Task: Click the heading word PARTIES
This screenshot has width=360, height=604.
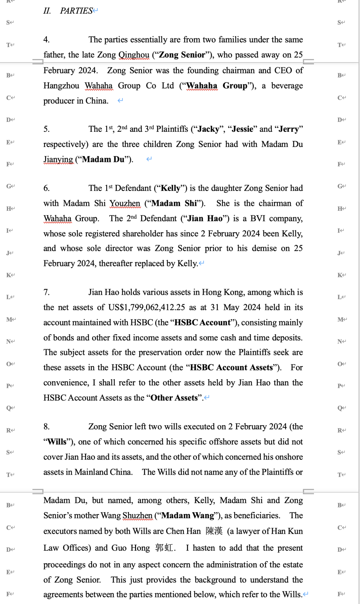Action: pyautogui.click(x=76, y=11)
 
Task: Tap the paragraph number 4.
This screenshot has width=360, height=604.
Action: pyautogui.click(x=46, y=40)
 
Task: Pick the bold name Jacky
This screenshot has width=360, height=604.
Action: pyautogui.click(x=208, y=129)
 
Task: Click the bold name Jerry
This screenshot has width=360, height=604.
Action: pyautogui.click(x=289, y=129)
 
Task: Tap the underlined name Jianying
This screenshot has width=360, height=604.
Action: pyautogui.click(x=58, y=160)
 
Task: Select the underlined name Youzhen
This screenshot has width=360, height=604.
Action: pyautogui.click(x=125, y=203)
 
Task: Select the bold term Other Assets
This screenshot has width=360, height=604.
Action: pyautogui.click(x=174, y=398)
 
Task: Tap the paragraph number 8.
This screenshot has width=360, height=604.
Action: pyautogui.click(x=46, y=427)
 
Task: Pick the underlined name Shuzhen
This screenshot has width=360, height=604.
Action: pyautogui.click(x=137, y=515)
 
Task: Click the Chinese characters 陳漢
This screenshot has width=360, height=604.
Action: pyautogui.click(x=214, y=531)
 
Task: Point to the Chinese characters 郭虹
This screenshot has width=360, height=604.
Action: pyautogui.click(x=164, y=548)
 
